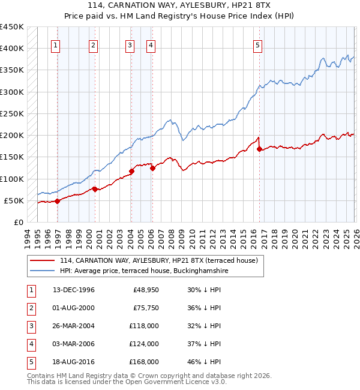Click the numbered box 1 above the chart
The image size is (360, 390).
click(56, 44)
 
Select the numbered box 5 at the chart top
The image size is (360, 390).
click(257, 44)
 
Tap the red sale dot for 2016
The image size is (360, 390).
click(259, 149)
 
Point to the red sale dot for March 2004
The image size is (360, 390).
click(131, 171)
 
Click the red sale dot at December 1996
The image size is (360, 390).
click(58, 201)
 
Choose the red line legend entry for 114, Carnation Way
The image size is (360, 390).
click(158, 260)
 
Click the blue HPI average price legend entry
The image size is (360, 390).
click(143, 271)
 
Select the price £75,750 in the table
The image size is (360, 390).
click(146, 308)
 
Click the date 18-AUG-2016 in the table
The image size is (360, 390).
click(74, 362)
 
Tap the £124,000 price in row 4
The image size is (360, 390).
click(144, 344)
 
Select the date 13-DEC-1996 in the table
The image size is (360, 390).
click(74, 290)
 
